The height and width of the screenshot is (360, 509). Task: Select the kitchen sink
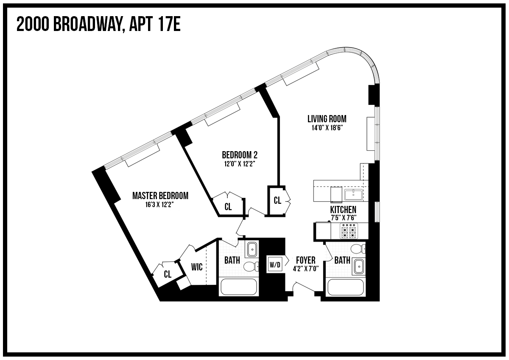(353, 195)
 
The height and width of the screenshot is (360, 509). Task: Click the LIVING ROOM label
(327, 119)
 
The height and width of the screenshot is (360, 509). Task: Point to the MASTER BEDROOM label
(160, 196)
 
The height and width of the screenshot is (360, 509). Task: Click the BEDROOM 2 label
(240, 155)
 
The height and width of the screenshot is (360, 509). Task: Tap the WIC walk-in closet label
(196, 267)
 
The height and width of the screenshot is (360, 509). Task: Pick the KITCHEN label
(343, 210)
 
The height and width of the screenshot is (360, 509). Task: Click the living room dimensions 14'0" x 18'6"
(327, 127)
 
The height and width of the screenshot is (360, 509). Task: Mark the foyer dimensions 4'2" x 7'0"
(305, 268)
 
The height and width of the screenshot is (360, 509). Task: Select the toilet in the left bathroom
(251, 267)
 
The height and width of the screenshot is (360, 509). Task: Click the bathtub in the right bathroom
(346, 287)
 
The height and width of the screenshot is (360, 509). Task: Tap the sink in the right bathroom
(359, 266)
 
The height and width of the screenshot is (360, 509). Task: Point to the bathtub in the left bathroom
(238, 287)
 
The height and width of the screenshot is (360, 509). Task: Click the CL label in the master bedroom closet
(168, 274)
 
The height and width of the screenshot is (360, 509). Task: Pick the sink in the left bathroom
(252, 249)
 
